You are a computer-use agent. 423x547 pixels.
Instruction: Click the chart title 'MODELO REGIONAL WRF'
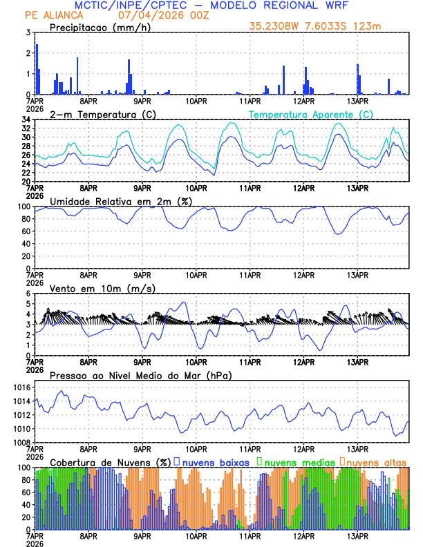290,6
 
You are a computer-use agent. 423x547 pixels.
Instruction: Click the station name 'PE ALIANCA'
53,15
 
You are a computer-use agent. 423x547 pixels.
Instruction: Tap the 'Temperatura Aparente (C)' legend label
310,114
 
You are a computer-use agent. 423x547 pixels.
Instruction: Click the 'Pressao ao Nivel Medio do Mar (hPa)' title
140,375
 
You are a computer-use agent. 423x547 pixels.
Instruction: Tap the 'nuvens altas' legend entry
375,461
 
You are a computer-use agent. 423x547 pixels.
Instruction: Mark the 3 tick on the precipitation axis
28,32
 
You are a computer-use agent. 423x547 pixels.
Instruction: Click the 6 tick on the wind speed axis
28,294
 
